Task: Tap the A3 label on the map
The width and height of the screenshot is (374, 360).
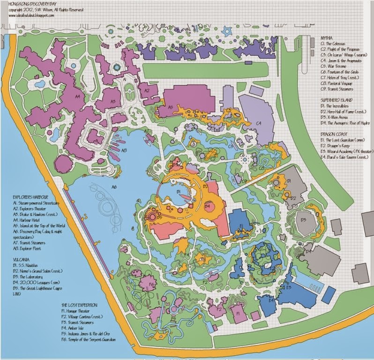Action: coord(112,101)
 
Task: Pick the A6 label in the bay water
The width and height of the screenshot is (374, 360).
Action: coord(113,187)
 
